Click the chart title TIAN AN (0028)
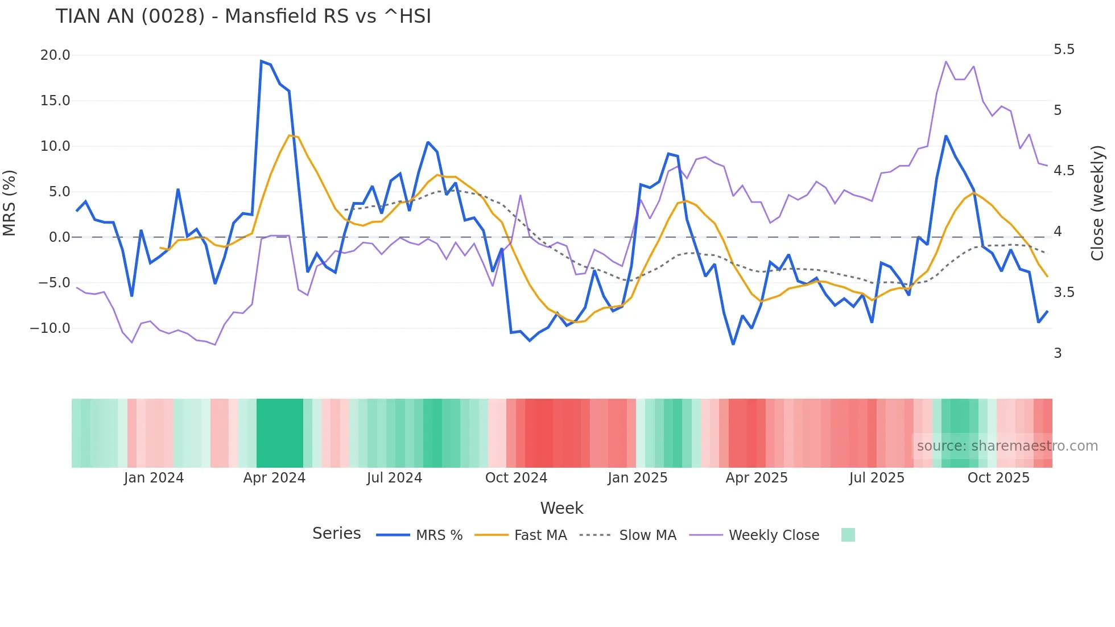(x=243, y=16)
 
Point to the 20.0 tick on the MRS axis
(x=55, y=55)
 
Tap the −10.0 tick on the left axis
(x=50, y=328)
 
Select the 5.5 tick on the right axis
(x=1064, y=49)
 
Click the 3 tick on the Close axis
(x=1058, y=353)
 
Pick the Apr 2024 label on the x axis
(x=274, y=478)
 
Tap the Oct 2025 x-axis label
(x=998, y=478)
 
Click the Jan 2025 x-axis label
(x=637, y=478)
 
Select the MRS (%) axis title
(x=10, y=203)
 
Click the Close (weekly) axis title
(x=1097, y=203)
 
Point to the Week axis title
(x=561, y=508)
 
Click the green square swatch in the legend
(x=848, y=535)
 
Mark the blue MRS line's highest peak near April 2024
(x=261, y=61)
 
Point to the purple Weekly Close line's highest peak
(x=945, y=61)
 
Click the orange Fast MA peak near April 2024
(x=290, y=135)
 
